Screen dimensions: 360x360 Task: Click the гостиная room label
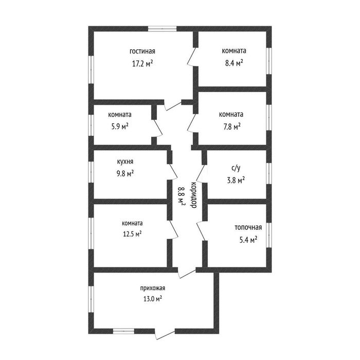[x=142, y=51]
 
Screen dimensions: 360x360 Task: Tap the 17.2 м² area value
[x=142, y=63]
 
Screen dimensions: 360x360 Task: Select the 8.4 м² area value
[x=234, y=63]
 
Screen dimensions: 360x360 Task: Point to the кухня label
[x=125, y=161]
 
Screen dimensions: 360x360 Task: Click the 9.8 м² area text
[x=125, y=174]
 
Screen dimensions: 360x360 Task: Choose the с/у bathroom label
[x=236, y=168]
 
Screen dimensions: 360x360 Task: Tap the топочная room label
[x=248, y=227]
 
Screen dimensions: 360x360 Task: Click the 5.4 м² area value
[x=248, y=240]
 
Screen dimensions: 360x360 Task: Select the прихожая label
[x=153, y=288]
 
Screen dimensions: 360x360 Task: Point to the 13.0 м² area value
[x=153, y=299]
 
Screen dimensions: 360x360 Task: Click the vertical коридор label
[x=193, y=195]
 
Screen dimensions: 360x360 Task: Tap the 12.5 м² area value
[x=132, y=234]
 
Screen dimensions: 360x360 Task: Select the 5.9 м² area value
[x=120, y=127]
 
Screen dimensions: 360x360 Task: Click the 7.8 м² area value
[x=232, y=127]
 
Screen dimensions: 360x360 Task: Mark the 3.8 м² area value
[x=236, y=181]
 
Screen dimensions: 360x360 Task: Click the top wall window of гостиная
[x=162, y=29]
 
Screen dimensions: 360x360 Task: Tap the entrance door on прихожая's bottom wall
[x=165, y=335]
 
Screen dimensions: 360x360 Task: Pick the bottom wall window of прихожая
[x=123, y=331]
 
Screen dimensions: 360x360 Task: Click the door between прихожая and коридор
[x=187, y=273]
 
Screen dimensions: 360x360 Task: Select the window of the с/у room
[x=269, y=173]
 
